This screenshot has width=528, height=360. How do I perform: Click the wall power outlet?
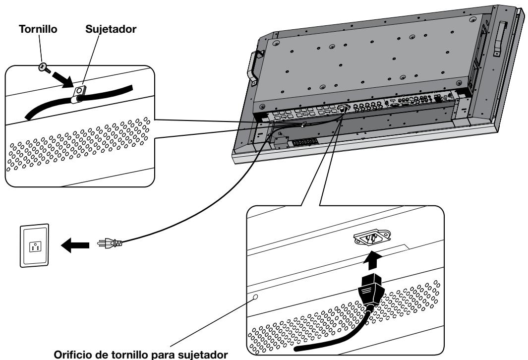tap(34, 244)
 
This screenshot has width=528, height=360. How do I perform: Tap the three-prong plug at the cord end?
tap(109, 243)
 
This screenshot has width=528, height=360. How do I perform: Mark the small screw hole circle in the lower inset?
tap(256, 298)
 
